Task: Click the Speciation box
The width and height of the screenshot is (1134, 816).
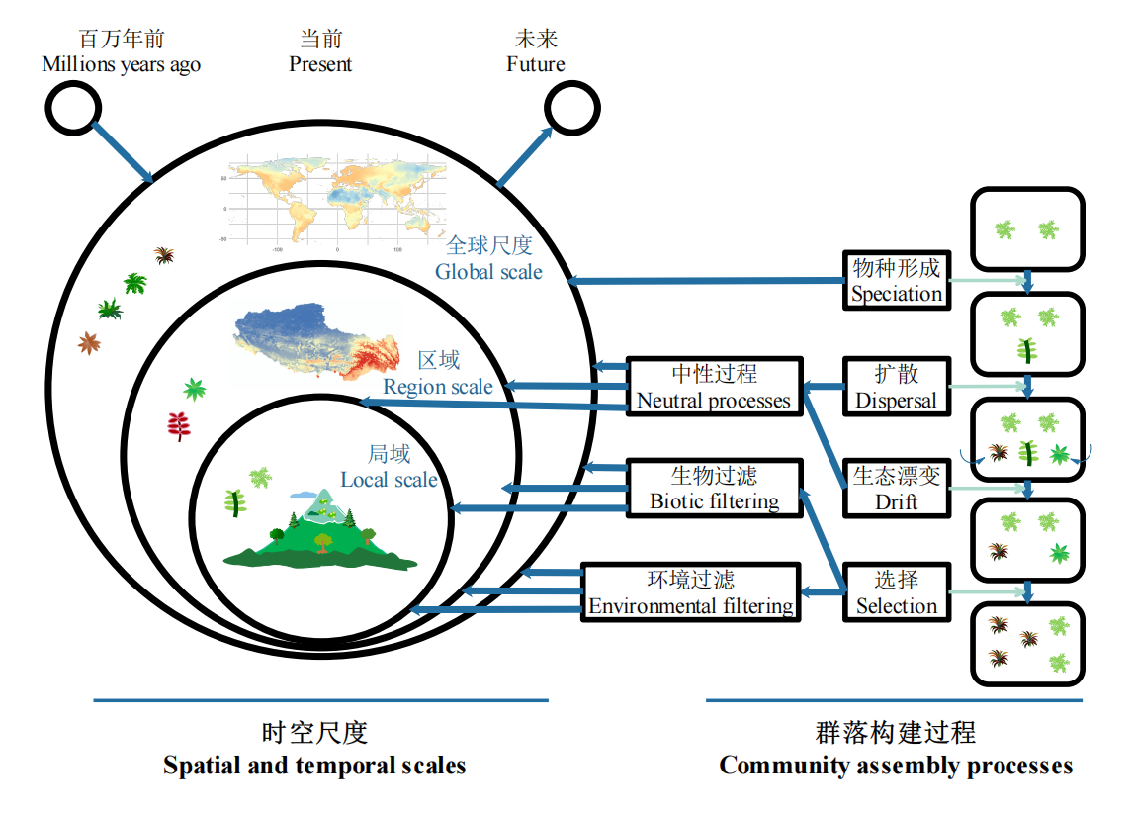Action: click(896, 280)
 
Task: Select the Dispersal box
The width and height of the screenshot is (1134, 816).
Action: click(896, 386)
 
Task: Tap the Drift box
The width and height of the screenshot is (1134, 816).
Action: click(896, 488)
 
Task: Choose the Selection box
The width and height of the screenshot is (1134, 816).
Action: click(896, 592)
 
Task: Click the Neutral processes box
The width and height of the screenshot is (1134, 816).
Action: click(714, 386)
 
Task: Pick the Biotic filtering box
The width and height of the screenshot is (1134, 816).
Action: click(714, 488)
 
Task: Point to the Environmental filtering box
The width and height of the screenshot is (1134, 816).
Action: click(691, 592)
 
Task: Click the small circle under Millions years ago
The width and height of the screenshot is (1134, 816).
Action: click(72, 107)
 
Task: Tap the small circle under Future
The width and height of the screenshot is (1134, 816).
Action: click(572, 107)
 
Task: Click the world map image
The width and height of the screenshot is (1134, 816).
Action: click(331, 203)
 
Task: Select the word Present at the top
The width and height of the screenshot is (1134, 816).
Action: click(319, 64)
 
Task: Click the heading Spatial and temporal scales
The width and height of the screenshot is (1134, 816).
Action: click(314, 765)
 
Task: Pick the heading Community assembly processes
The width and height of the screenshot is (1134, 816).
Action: click(896, 765)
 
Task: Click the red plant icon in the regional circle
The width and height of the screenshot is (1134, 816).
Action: click(178, 426)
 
